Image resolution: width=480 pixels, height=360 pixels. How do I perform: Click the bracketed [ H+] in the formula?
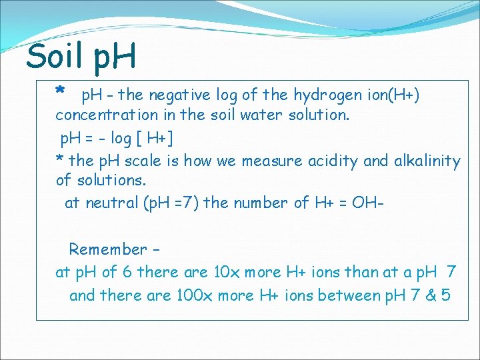[x=155, y=139]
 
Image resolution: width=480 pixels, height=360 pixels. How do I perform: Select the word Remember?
[x=107, y=250]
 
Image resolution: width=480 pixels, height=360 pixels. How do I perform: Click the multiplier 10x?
[x=223, y=273]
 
